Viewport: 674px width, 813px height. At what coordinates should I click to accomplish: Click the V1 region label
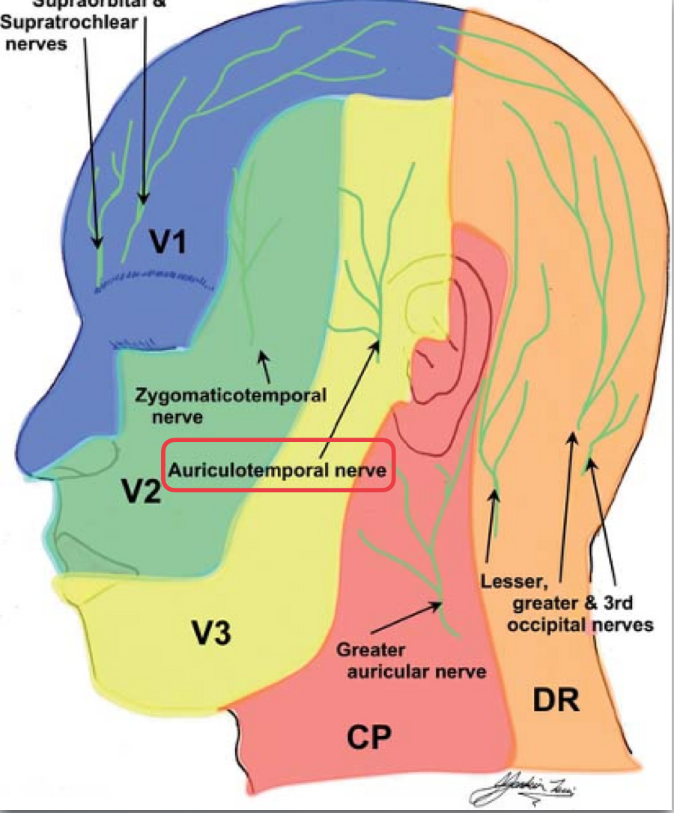tap(173, 242)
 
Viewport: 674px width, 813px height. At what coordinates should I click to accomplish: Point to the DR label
tap(555, 701)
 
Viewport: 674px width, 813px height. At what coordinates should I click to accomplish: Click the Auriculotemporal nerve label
tap(276, 471)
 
